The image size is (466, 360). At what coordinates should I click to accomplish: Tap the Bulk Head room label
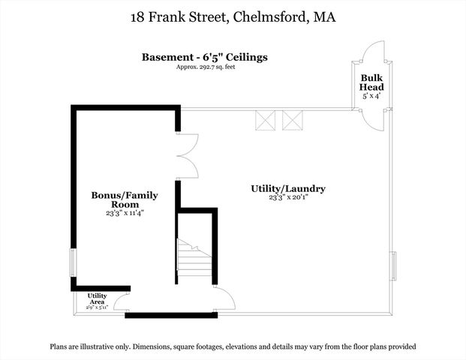[x=372, y=82]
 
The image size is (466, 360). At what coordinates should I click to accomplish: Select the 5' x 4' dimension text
[x=372, y=95]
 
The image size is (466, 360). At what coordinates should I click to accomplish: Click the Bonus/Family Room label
[x=125, y=199]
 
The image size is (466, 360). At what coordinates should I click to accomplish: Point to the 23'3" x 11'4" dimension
[x=125, y=213]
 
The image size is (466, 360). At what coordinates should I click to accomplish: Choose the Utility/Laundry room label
[x=287, y=189]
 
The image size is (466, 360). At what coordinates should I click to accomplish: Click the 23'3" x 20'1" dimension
[x=287, y=199]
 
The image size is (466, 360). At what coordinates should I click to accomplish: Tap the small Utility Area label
[x=97, y=298]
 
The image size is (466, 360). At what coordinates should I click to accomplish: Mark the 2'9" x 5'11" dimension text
[x=97, y=307]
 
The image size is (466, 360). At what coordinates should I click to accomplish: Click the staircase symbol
[x=195, y=259]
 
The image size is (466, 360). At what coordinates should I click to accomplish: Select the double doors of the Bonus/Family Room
[x=186, y=157]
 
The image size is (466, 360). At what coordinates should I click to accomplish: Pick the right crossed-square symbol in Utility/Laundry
[x=293, y=121]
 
